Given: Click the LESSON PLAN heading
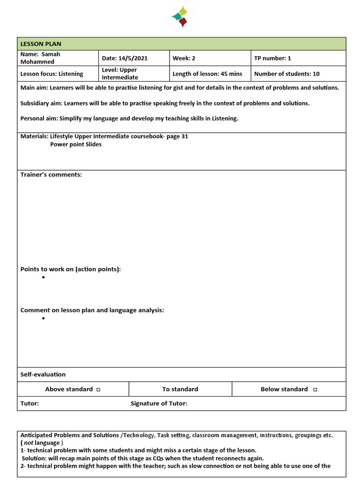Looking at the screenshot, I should [41, 44].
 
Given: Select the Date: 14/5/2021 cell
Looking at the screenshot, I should [125, 58].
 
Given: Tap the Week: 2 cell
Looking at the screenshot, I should [184, 58].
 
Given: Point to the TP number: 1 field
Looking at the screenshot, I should [272, 58].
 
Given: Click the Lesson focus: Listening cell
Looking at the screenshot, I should [52, 74].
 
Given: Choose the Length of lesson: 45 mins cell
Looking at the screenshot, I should [207, 74].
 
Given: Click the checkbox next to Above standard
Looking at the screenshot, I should [98, 390].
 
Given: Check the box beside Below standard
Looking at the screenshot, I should [315, 390].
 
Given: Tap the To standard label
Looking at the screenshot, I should [180, 389].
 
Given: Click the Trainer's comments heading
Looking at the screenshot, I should [51, 175].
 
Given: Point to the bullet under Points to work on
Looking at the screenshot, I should [43, 277].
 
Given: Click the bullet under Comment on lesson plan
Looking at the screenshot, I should [43, 318].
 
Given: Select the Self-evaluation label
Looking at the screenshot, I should [43, 375].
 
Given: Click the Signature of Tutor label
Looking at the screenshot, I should [159, 404].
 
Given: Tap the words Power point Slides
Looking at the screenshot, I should [76, 144].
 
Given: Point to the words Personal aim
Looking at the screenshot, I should [39, 119].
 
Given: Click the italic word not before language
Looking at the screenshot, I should [29, 443].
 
